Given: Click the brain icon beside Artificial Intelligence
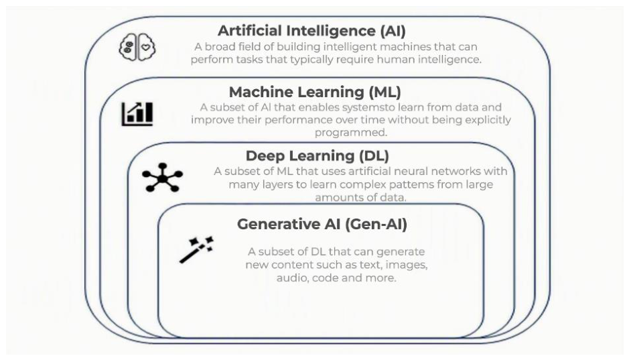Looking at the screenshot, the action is (x=137, y=47).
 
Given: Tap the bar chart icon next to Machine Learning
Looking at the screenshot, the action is (x=137, y=114).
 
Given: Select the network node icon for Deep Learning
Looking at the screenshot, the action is (x=163, y=177).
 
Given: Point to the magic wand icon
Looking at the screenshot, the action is (x=196, y=249).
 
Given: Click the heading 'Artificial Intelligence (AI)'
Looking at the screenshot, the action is (x=311, y=31).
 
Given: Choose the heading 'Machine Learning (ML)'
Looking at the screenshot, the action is (x=315, y=92).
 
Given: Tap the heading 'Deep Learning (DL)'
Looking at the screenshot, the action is (x=318, y=156).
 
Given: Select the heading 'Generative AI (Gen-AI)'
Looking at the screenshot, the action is (x=322, y=224).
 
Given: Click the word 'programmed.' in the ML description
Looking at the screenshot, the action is (x=351, y=133).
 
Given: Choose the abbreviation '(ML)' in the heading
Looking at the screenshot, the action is (x=385, y=92).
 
